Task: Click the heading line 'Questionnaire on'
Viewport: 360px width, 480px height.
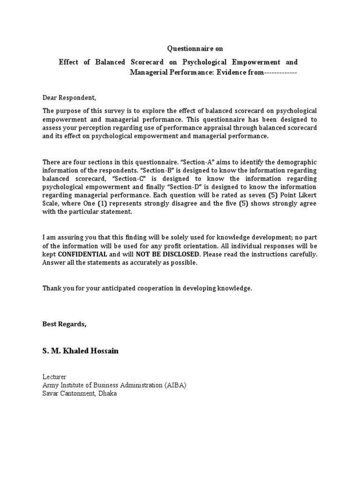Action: click(x=192, y=48)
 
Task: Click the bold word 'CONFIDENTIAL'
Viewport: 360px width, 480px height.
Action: click(x=82, y=254)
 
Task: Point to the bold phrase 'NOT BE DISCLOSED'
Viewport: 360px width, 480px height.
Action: click(x=168, y=254)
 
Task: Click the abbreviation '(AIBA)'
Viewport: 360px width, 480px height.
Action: click(x=175, y=385)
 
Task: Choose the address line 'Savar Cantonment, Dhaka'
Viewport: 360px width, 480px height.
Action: click(x=80, y=393)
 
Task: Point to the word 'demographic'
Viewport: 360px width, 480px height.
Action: click(x=298, y=162)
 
